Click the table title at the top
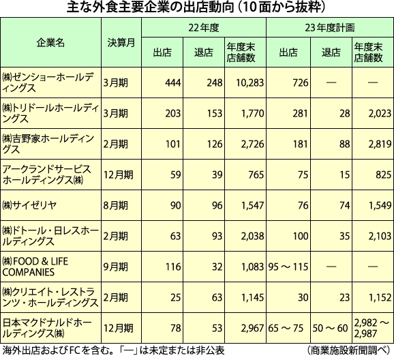click(196, 7)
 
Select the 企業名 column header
click(50, 43)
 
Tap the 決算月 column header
click(121, 43)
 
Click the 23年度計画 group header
click(330, 28)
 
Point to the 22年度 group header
click(204, 28)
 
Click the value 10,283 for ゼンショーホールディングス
click(250, 82)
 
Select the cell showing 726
click(301, 82)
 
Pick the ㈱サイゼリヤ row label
click(29, 205)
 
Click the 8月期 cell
click(115, 205)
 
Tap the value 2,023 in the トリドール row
click(380, 113)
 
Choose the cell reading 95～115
click(288, 267)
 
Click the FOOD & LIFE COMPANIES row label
click(35, 267)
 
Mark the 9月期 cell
click(115, 267)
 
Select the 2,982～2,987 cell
click(372, 328)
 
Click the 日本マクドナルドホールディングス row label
click(47, 328)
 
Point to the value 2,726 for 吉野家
click(252, 144)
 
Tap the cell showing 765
click(256, 175)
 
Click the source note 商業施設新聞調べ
click(348, 350)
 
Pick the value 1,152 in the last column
click(380, 297)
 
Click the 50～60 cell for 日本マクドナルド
click(330, 328)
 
